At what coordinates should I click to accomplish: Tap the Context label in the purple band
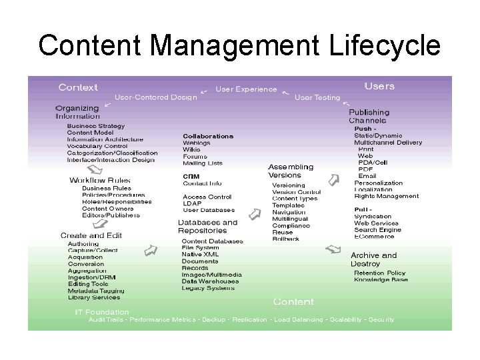click(78, 87)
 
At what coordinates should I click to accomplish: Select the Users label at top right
click(379, 86)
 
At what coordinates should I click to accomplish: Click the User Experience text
click(246, 89)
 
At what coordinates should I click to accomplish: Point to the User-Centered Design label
click(156, 97)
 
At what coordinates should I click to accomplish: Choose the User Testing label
click(317, 97)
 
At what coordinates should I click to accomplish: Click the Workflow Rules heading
click(100, 180)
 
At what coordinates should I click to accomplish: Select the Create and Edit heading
click(92, 235)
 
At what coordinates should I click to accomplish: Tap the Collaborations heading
click(208, 136)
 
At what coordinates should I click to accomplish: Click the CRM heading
click(191, 176)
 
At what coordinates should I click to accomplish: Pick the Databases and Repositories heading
click(207, 227)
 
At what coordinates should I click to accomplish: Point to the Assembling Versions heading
click(290, 171)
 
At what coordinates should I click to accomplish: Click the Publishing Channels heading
click(369, 117)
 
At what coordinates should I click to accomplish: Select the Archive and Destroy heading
click(373, 259)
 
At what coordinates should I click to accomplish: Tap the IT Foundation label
click(101, 311)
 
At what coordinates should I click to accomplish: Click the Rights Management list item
click(386, 196)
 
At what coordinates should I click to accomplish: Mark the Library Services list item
click(94, 297)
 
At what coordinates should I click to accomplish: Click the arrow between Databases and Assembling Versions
click(253, 214)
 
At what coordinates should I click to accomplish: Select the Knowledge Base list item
click(381, 279)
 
